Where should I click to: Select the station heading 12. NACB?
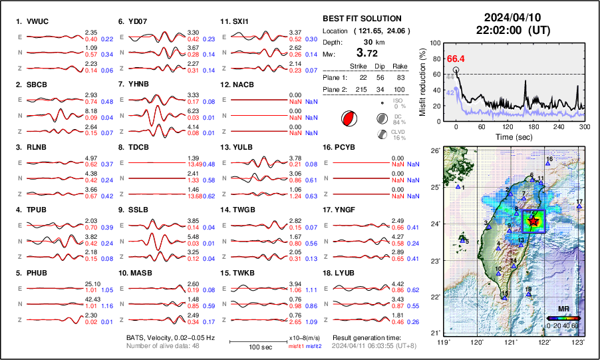click(x=237, y=85)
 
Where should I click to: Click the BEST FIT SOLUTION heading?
click(x=361, y=19)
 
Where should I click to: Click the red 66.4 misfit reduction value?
click(x=455, y=59)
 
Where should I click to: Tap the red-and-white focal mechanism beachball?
click(x=348, y=119)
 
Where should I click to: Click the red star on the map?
click(x=532, y=221)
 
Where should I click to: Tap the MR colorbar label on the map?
click(x=563, y=309)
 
